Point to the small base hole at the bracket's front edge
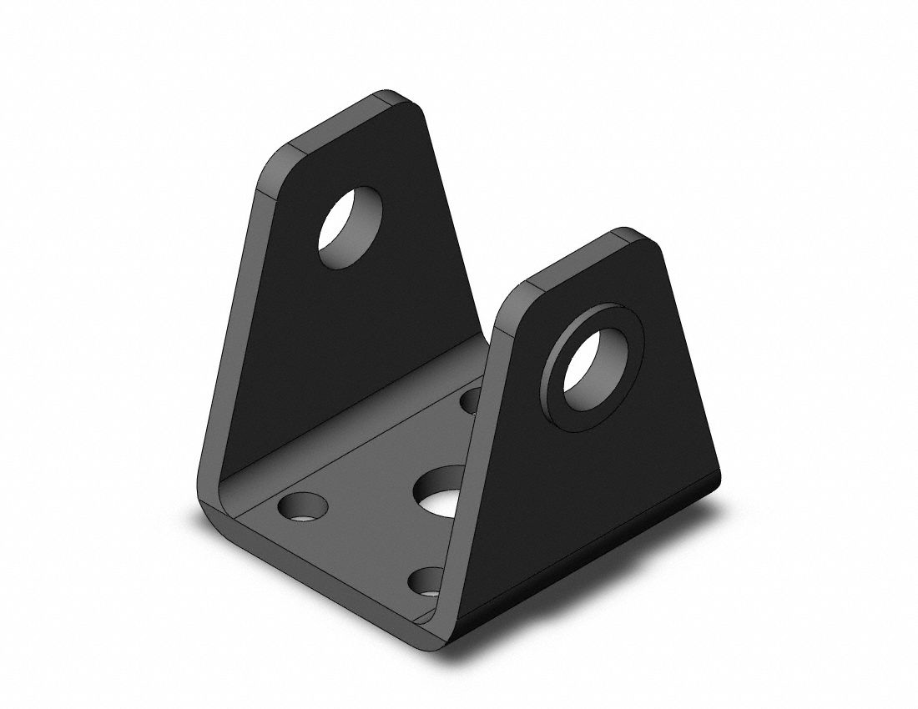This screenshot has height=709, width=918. tap(427, 581)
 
